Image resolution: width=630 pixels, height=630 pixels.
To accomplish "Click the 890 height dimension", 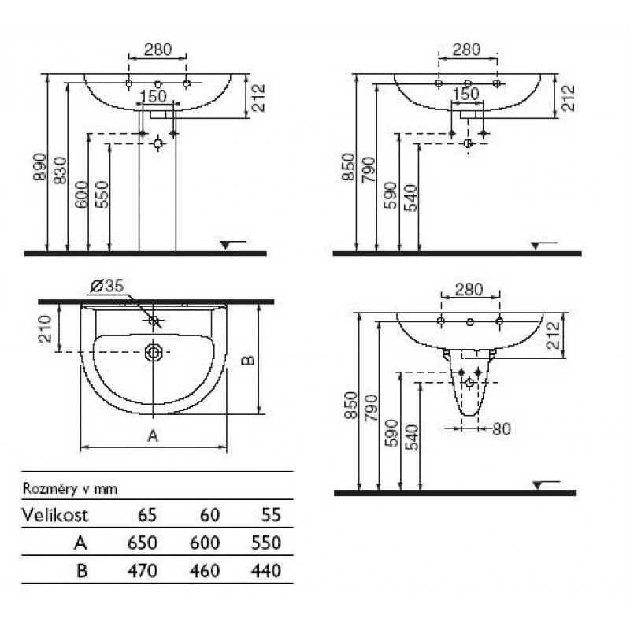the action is coord(40,166).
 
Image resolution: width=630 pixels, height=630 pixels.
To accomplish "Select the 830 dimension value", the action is coord(61,170).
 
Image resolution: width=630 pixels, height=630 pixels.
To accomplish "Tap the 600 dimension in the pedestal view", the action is coord(82,195).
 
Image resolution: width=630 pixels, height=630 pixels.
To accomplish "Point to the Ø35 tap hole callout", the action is coord(108,286).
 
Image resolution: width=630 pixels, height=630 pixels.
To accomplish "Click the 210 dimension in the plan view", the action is coord(46,328).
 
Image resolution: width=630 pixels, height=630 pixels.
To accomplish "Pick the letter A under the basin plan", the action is coord(153,435).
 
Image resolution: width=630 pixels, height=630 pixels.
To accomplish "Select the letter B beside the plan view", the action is coord(248,361).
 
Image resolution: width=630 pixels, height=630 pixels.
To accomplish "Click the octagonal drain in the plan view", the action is coord(153,352).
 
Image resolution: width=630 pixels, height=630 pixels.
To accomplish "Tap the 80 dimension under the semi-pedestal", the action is coord(502,429).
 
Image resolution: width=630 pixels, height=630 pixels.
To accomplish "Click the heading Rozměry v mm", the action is coord(70,489).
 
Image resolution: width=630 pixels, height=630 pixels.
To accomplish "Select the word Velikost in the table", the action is coord(55,515).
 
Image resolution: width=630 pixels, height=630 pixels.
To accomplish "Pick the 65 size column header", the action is coord(147,515).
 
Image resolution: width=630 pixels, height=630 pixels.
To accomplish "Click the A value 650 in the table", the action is coord(143,543).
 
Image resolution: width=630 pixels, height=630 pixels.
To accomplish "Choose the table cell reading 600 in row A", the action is coord(205,543).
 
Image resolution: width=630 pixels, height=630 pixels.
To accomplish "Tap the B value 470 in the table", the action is coord(143,571).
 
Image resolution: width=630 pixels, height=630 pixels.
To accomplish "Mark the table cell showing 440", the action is coord(265,571).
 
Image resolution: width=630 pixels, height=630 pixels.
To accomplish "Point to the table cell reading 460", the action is coord(205,571).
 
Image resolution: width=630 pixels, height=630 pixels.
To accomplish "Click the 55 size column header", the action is coord(271,515).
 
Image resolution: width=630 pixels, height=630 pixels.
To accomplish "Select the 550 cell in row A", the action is coord(265,543).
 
